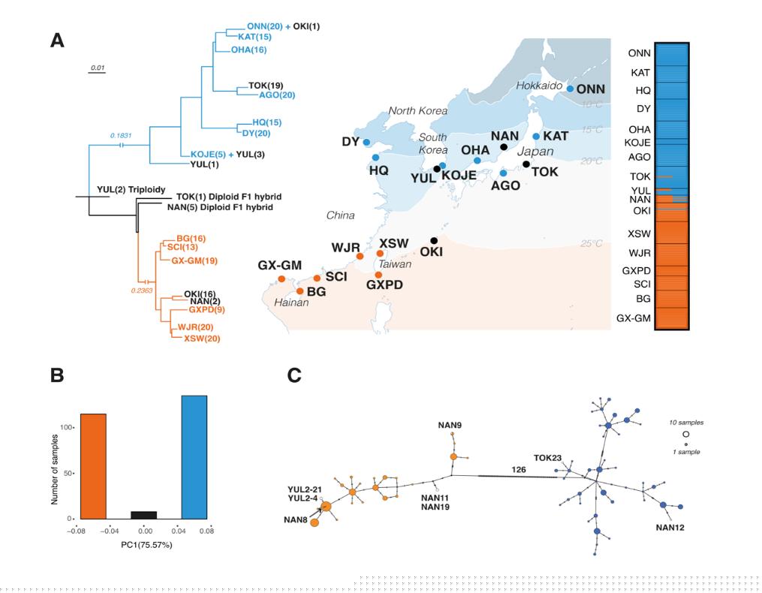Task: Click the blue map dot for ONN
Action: [571, 89]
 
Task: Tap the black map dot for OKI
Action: [434, 240]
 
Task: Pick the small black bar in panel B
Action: [144, 515]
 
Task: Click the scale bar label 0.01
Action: [98, 68]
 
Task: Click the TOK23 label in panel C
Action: [548, 456]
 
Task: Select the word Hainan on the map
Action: [283, 303]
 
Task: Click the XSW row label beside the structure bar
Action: [638, 233]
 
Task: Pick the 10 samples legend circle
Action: [685, 435]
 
